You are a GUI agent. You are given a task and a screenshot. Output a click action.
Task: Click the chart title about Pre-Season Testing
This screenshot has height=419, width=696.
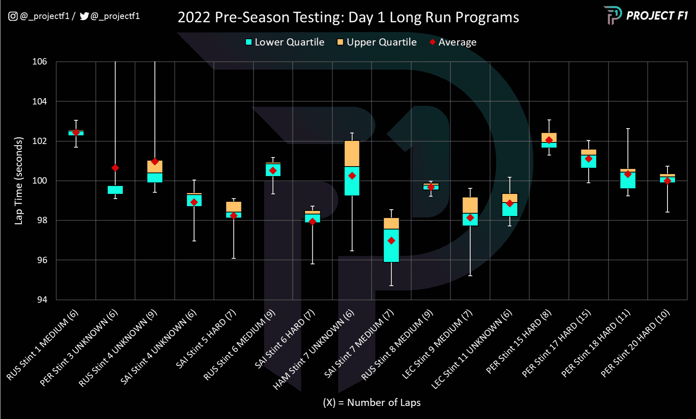348,17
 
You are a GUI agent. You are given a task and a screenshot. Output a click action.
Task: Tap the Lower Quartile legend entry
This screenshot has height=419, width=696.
285,42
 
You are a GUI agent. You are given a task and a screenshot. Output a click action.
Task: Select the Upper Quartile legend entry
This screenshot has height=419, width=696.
377,42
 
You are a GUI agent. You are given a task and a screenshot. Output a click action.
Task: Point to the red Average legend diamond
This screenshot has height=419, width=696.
432,42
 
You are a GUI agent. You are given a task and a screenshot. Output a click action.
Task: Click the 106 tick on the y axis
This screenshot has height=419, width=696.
40,62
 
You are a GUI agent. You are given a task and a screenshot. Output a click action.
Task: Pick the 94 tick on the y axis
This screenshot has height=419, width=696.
42,300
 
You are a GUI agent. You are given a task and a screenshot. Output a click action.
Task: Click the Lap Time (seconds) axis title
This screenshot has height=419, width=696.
19,181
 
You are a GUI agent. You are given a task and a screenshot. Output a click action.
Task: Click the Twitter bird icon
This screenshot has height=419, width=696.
84,16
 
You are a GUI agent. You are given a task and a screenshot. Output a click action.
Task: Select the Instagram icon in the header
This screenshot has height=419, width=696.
13,16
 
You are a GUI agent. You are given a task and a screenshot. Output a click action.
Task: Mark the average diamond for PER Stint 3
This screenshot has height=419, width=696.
115,168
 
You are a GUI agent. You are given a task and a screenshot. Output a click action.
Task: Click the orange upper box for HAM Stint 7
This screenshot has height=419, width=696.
352,154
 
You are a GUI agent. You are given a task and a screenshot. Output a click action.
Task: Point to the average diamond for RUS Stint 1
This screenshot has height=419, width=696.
76,133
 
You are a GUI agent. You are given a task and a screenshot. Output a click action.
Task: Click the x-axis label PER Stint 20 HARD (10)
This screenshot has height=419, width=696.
635,343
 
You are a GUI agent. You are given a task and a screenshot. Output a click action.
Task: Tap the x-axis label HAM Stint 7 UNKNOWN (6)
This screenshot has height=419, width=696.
314,349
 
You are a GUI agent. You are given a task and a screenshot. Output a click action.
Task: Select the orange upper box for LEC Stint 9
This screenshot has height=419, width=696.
470,205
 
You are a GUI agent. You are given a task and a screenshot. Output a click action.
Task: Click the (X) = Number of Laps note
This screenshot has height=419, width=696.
372,402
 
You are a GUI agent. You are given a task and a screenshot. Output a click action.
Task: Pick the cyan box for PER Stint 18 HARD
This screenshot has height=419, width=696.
628,180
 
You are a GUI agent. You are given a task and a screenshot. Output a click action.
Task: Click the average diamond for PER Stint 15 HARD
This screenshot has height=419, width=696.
549,140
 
